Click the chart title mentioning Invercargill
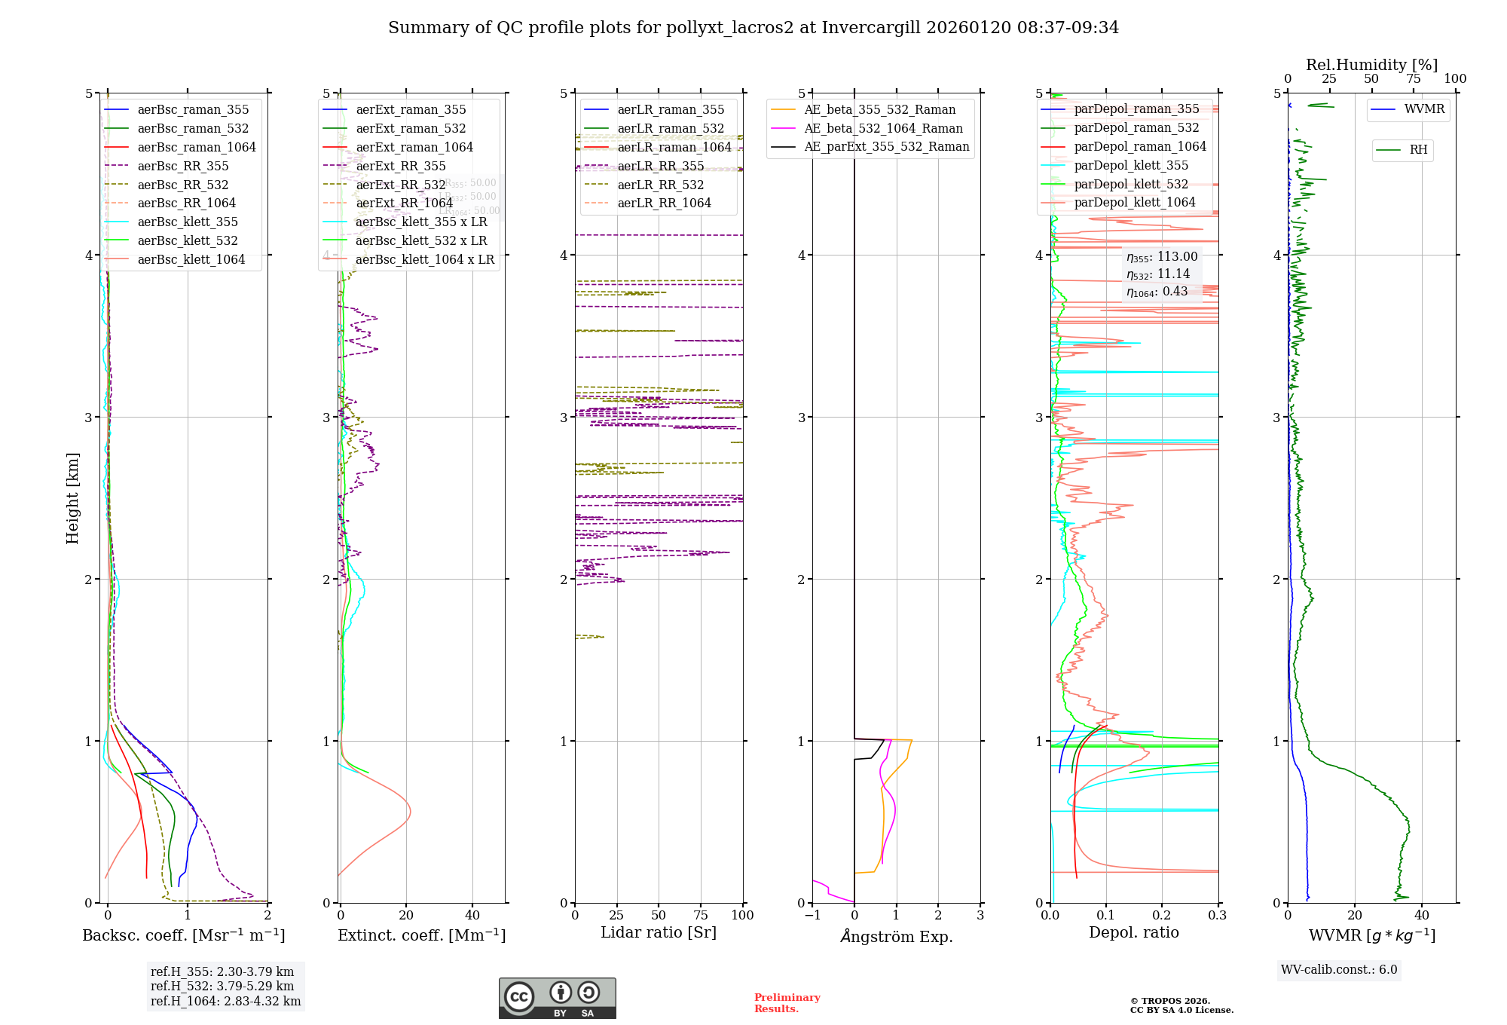(x=753, y=28)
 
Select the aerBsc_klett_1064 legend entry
(x=191, y=260)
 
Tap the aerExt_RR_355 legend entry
(x=400, y=167)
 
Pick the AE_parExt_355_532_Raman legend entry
(x=886, y=147)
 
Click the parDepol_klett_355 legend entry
(x=1130, y=166)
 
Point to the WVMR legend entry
(x=1424, y=109)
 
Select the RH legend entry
(x=1418, y=150)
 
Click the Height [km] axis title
(x=72, y=498)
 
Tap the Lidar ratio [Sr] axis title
(x=658, y=932)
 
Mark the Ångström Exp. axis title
(x=896, y=937)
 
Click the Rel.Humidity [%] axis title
(x=1371, y=65)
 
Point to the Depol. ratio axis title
(x=1133, y=932)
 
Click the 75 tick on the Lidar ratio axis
(x=701, y=915)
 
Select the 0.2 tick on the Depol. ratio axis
(x=1162, y=915)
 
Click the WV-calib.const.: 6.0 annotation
(x=1339, y=970)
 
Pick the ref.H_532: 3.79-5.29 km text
(x=222, y=986)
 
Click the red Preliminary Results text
(x=787, y=1003)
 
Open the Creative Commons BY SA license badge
(x=557, y=999)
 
